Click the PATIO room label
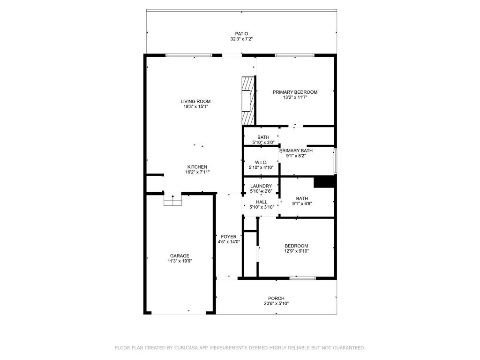tap(241, 34)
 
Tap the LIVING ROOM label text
tap(195, 101)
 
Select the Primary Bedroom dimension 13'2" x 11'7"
tap(295, 97)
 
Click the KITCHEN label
tap(197, 167)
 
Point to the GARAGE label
tap(180, 255)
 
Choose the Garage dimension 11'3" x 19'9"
tap(180, 261)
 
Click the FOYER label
tap(229, 237)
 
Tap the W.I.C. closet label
tap(261, 162)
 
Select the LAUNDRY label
tap(261, 186)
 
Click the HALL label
tap(262, 202)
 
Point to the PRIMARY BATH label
tap(296, 150)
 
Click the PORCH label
tap(276, 298)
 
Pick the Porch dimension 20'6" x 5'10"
tap(276, 304)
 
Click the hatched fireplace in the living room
tap(248, 101)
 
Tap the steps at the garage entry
tap(173, 200)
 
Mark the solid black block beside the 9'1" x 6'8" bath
tap(324, 182)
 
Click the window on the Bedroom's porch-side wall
tap(303, 278)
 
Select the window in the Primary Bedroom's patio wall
tap(295, 55)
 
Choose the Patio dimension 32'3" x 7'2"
tap(241, 39)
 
